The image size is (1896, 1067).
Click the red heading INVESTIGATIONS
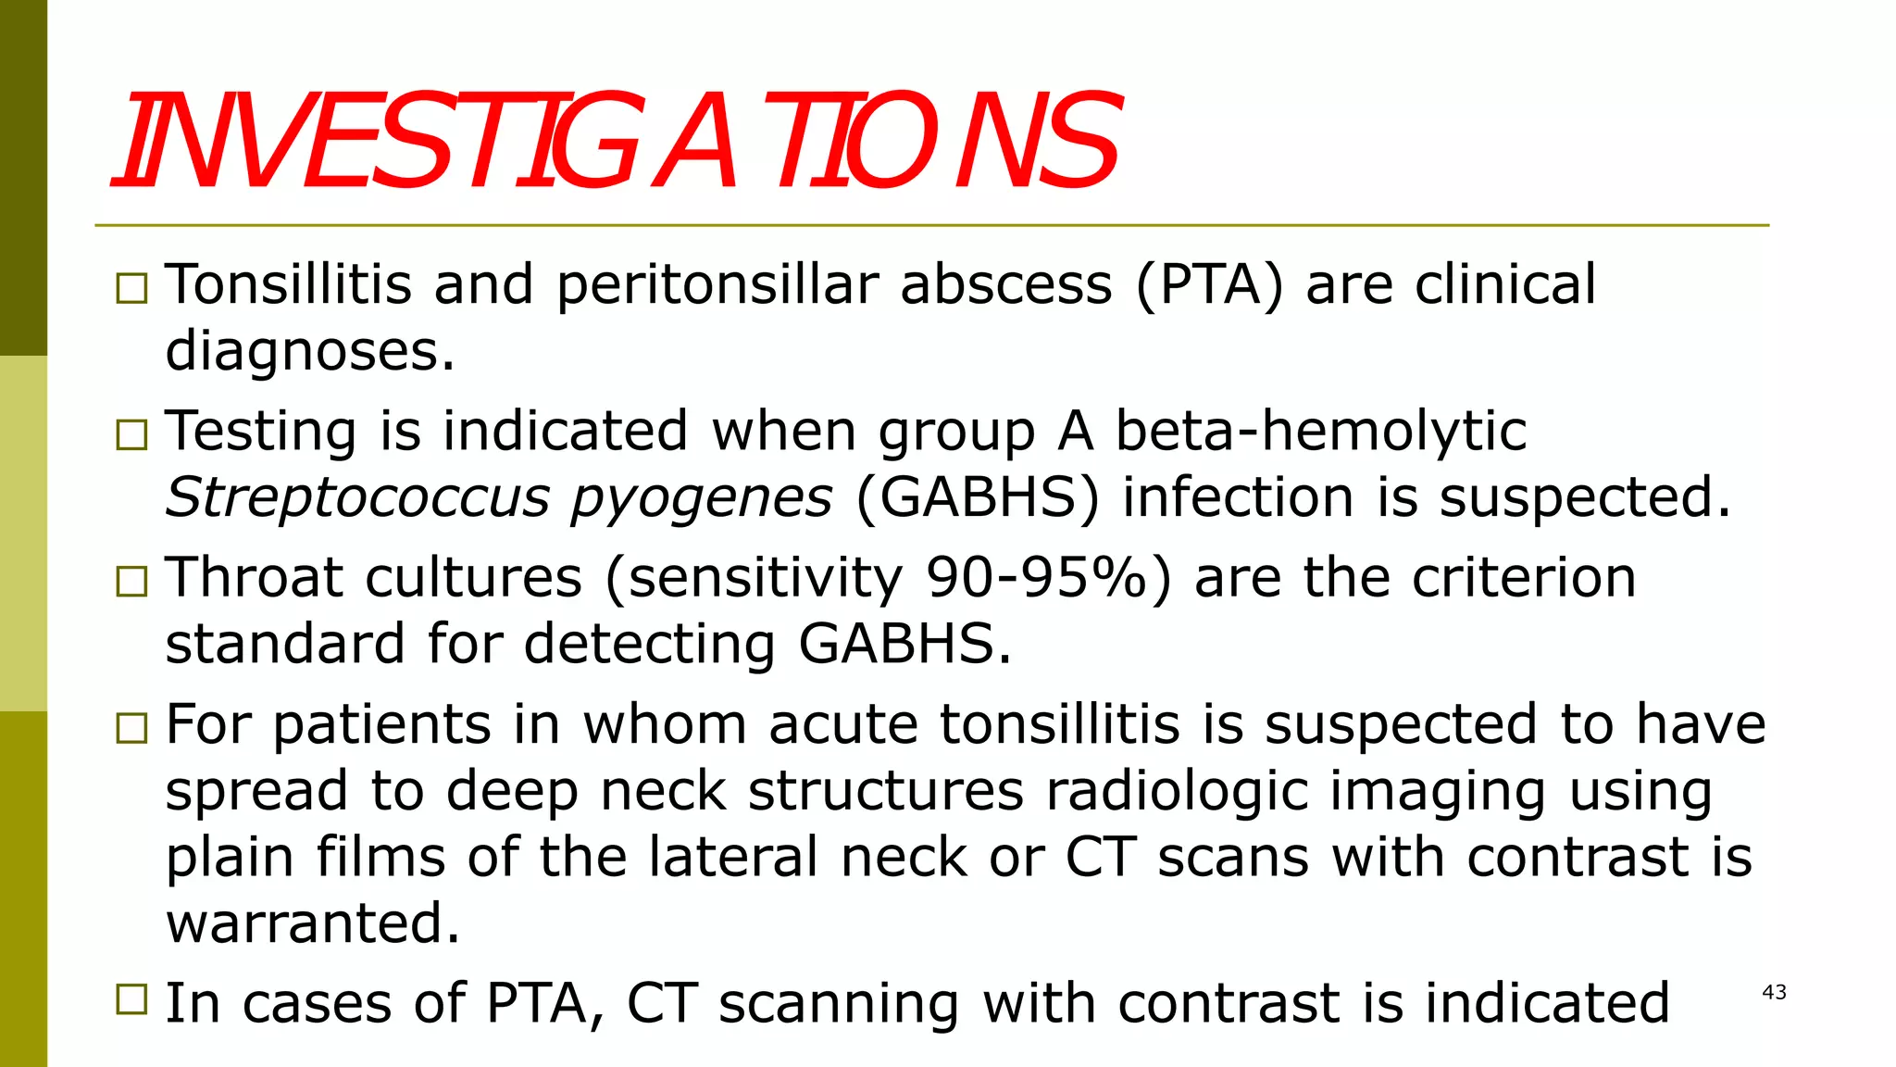[x=616, y=141]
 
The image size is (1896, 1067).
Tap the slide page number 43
[x=1774, y=992]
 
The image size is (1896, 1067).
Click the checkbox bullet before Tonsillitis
[x=131, y=288]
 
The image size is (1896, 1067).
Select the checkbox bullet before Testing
[x=131, y=434]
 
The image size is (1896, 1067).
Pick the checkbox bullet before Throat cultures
[x=131, y=581]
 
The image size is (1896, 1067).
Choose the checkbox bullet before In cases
[x=131, y=999]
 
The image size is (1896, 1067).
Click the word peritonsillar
[x=717, y=285]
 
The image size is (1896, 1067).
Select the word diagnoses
[x=310, y=352]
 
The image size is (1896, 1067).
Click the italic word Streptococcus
[x=357, y=498]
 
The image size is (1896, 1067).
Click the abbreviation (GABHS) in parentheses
[x=979, y=498]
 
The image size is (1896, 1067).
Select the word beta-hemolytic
[x=1320, y=432]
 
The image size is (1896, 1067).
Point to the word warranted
[x=312, y=923]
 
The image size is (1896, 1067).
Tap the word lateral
[x=733, y=857]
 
